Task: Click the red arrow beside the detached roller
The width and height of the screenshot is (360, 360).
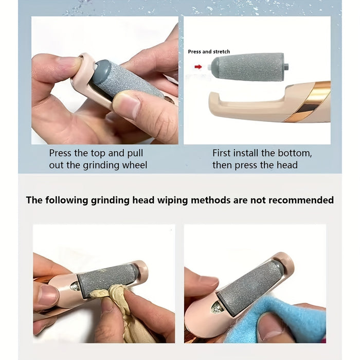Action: coord(198,67)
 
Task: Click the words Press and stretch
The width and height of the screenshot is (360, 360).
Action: coord(209,51)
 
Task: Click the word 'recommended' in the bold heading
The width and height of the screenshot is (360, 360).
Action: coord(301,200)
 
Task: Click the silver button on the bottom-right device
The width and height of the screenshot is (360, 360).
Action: coord(216,307)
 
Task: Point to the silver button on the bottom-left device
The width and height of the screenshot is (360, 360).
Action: coord(75,286)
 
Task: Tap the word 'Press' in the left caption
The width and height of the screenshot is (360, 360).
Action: coord(60,153)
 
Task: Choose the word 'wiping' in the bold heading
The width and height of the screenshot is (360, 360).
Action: coord(173,201)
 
